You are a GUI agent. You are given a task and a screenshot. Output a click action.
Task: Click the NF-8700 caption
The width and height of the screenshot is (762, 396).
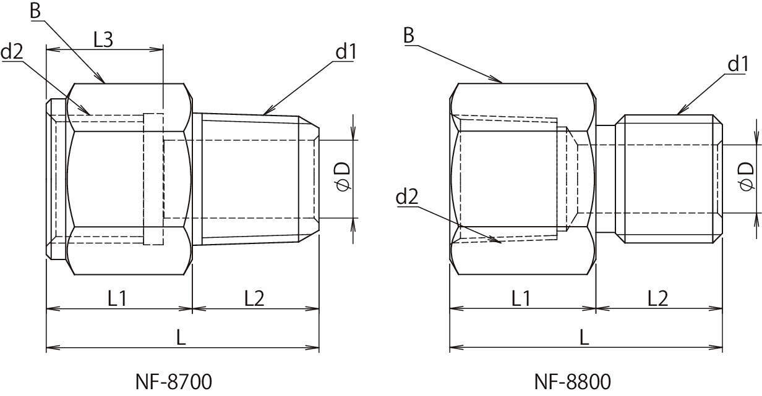(173, 381)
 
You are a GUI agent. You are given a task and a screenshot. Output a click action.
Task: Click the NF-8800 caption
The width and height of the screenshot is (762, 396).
(573, 381)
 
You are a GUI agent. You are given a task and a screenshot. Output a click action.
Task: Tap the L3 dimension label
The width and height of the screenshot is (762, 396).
(103, 40)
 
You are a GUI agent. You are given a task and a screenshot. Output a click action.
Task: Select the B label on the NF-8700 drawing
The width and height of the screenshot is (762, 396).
(35, 11)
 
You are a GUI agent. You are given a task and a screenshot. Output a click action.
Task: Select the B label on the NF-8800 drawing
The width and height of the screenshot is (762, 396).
(409, 35)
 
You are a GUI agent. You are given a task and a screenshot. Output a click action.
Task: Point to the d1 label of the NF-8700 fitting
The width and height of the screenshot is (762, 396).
(346, 52)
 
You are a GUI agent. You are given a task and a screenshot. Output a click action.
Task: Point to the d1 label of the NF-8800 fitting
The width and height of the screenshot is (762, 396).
(738, 64)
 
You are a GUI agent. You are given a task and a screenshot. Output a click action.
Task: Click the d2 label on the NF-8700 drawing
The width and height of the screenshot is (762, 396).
(12, 52)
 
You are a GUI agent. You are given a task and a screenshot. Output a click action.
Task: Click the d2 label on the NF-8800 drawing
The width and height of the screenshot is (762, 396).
(407, 196)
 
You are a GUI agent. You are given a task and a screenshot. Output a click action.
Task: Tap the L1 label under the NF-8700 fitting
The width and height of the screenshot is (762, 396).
(118, 298)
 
